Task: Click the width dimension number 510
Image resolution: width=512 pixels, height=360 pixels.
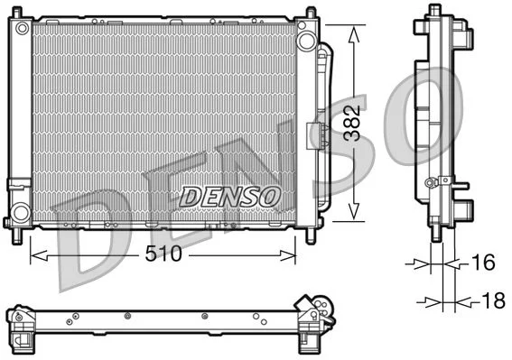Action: point(163,254)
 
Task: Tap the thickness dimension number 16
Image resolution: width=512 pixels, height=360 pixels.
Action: point(484,263)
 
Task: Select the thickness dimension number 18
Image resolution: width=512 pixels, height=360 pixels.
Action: point(492,301)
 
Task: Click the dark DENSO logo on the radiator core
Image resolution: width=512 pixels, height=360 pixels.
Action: point(231,195)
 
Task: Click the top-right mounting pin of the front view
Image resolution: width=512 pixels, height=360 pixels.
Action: point(311,13)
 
